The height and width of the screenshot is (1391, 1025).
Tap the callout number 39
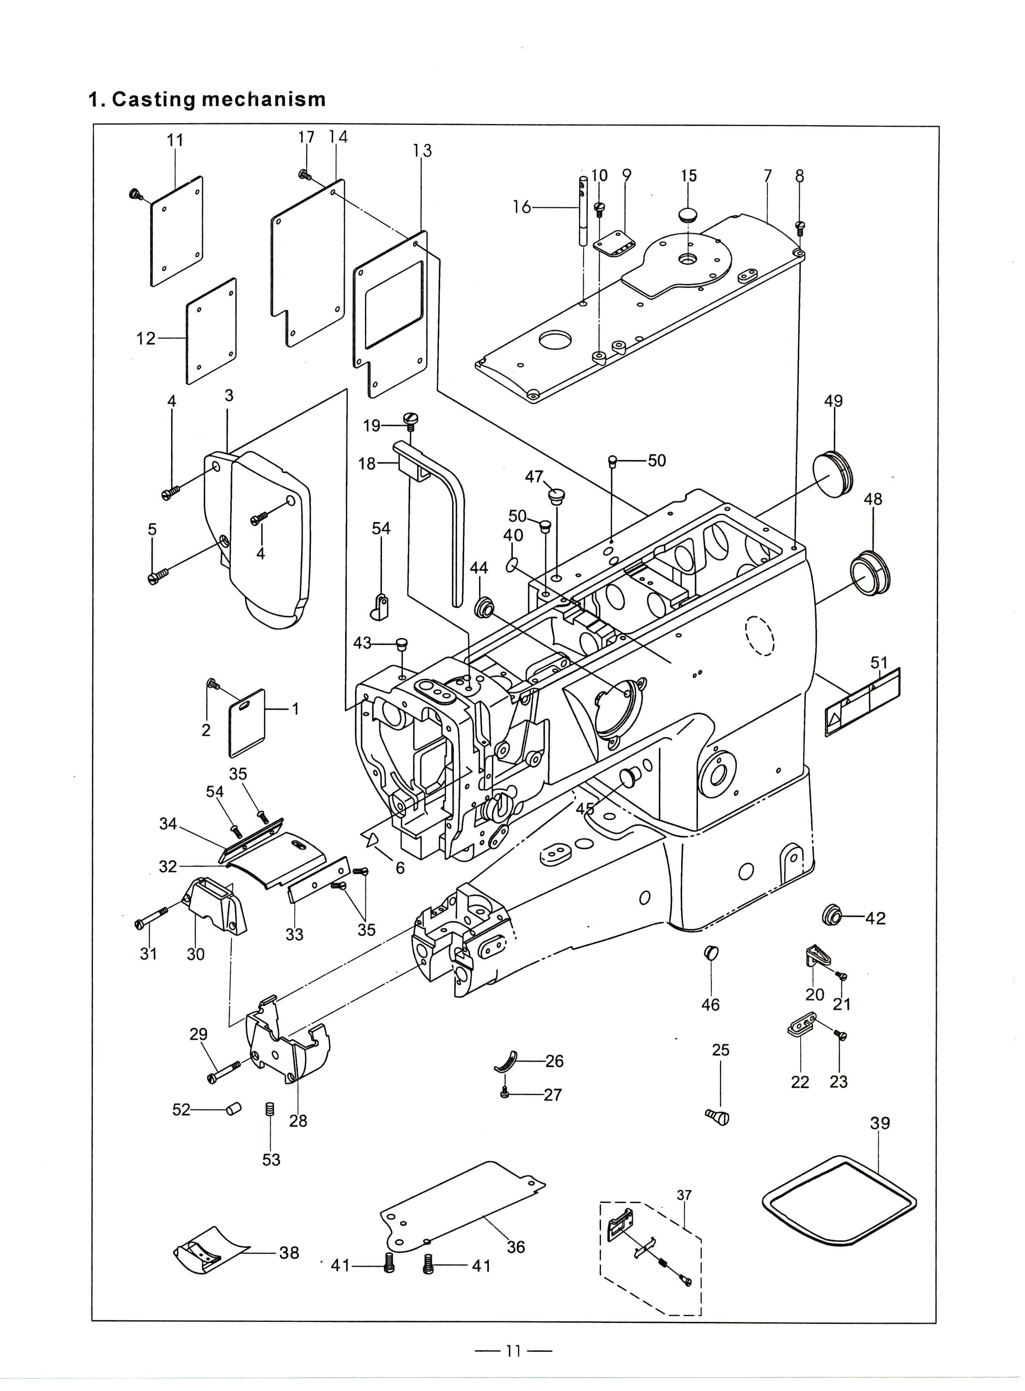[880, 1123]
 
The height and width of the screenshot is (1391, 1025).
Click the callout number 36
[516, 1247]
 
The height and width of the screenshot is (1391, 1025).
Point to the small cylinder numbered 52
[233, 1109]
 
